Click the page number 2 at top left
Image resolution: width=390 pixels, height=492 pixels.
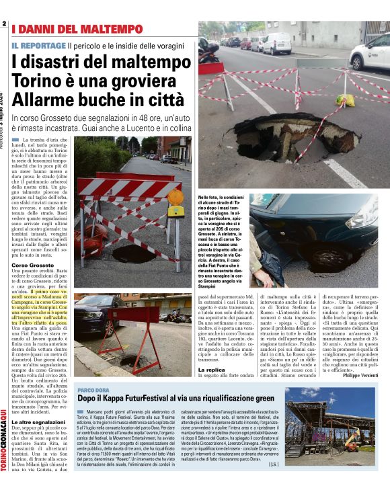[x=4, y=25]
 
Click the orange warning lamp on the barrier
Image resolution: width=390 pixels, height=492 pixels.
[x=176, y=198]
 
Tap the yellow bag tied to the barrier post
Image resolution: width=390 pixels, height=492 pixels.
[x=346, y=100]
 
